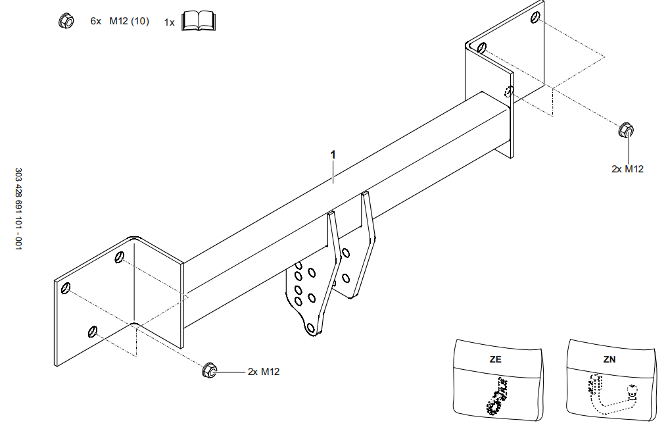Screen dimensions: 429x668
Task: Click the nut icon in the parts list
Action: tap(66, 21)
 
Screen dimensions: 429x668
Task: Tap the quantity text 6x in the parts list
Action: tap(96, 21)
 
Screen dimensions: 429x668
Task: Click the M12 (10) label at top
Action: tap(129, 21)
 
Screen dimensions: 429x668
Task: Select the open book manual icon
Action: tap(198, 22)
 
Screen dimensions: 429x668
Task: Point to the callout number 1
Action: tap(333, 154)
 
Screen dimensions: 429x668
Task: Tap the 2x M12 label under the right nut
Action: tap(627, 169)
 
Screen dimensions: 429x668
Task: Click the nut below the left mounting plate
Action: tap(209, 370)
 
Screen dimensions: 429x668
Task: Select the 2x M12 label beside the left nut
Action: tap(264, 372)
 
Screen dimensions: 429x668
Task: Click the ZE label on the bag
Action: tap(495, 360)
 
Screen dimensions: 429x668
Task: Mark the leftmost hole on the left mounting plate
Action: tap(66, 288)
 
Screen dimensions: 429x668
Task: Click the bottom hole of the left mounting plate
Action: tap(93, 330)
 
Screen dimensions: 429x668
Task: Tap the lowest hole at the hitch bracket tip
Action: tap(311, 327)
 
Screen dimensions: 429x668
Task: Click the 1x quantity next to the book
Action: tap(170, 22)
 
